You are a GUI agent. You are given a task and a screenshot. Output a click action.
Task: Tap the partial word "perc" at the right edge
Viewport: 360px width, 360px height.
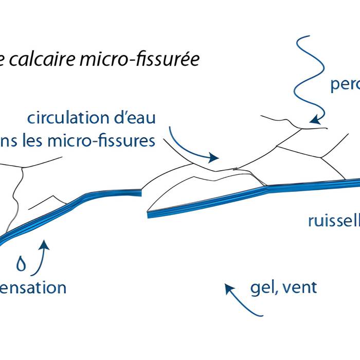coord(345,84)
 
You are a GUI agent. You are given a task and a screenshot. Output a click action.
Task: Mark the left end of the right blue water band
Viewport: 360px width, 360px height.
coord(149,214)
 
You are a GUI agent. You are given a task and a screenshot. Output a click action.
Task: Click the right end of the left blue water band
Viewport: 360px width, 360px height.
coord(139,193)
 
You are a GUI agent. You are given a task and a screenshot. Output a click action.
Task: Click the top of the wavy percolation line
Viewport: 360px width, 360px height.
coord(309,37)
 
